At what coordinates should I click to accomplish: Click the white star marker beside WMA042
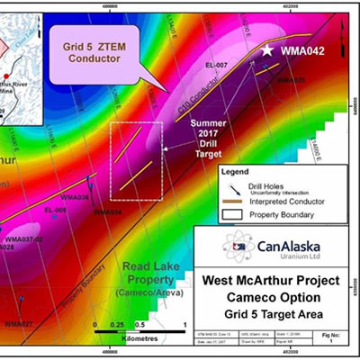point(267,50)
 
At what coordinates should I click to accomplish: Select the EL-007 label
point(241,67)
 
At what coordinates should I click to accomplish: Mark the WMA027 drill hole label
point(18,322)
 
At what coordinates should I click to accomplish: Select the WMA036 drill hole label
point(74,197)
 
